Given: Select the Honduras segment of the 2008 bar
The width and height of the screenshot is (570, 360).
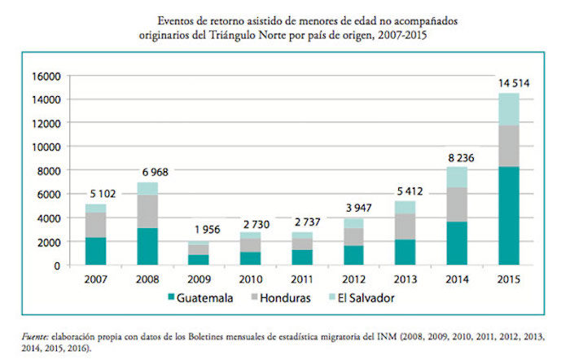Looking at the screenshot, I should [x=147, y=211].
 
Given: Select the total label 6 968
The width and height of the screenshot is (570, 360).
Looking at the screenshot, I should [x=147, y=172].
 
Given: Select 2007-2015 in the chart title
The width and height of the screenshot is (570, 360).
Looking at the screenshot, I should [x=405, y=36].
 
